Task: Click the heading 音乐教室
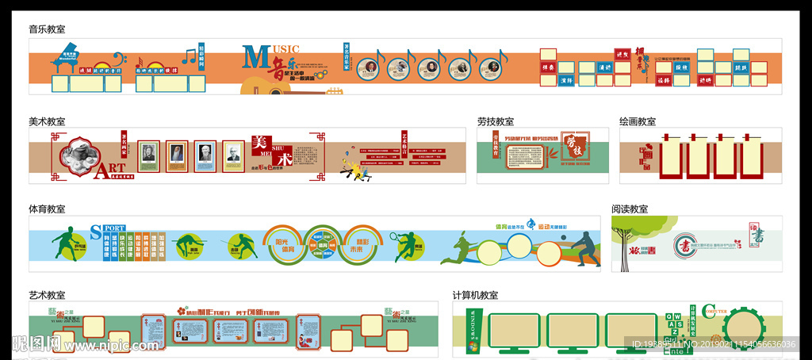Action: point(47,29)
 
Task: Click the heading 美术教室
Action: point(47,121)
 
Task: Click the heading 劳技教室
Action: point(496,121)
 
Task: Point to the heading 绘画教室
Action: point(638,121)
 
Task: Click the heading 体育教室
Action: point(47,209)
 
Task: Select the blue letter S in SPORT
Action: point(95,232)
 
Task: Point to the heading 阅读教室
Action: point(630,209)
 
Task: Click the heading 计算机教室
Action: point(476,295)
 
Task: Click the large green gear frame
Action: point(744,326)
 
